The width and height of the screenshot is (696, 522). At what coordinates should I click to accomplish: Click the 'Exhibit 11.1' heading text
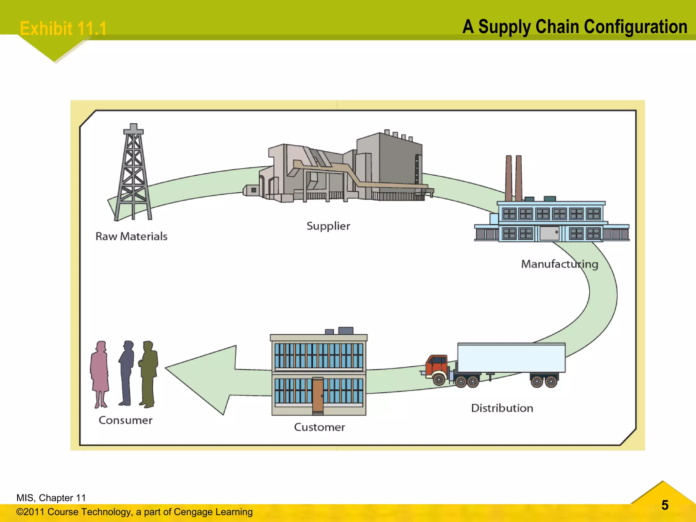[63, 28]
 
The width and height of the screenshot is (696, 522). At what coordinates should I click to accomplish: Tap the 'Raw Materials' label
[131, 236]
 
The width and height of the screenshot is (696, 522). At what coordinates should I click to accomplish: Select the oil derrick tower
[133, 173]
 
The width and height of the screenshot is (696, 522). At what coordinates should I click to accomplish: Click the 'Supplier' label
[328, 226]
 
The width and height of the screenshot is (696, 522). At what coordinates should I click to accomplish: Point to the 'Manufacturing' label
[559, 264]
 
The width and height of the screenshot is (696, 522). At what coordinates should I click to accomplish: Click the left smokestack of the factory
[508, 178]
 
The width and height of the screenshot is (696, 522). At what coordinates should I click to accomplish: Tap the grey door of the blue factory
[549, 233]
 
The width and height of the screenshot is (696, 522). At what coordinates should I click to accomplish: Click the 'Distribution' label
[502, 408]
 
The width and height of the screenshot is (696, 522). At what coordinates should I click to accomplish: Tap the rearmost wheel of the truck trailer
[551, 382]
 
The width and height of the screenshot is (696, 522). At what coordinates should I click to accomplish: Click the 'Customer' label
[319, 427]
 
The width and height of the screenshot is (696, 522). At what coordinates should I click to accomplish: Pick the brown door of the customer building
[318, 396]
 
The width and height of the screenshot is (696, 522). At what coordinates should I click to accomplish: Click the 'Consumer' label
[125, 420]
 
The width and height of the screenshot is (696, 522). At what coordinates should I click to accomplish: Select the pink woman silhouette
[100, 374]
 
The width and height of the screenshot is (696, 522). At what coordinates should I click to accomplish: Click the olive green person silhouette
[149, 374]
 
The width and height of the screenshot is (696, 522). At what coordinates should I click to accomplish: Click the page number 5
[665, 505]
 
